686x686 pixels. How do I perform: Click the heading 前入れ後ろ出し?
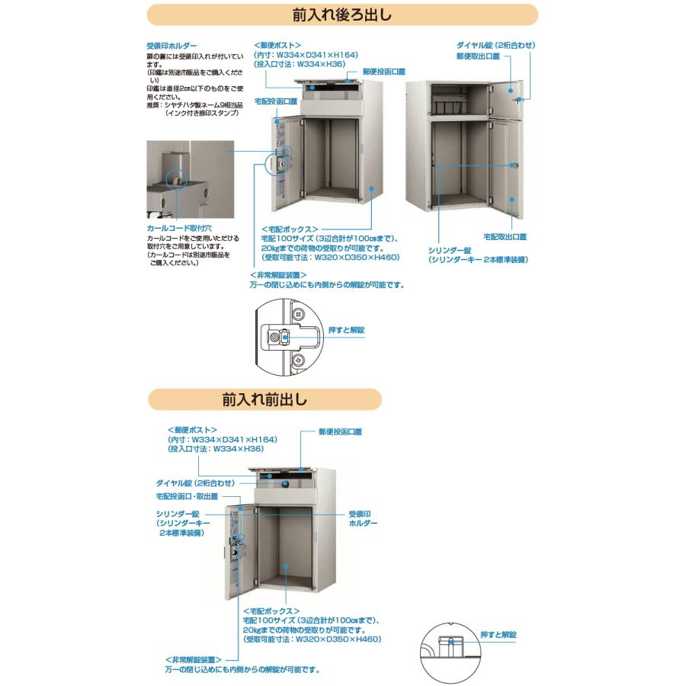click(342, 14)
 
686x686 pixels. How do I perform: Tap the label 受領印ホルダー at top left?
click(171, 46)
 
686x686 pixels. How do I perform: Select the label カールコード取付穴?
click(178, 228)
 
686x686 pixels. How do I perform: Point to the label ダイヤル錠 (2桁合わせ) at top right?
click(495, 46)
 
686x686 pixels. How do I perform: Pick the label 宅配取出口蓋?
click(505, 237)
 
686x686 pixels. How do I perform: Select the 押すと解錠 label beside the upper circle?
click(346, 329)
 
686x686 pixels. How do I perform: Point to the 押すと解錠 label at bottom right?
click(498, 634)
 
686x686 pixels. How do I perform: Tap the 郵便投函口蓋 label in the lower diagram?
click(341, 431)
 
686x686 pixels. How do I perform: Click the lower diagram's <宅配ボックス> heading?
click(269, 611)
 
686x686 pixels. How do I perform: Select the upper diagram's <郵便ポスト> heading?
click(277, 45)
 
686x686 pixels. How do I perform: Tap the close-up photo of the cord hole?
click(191, 180)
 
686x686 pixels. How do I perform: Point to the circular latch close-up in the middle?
click(286, 335)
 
